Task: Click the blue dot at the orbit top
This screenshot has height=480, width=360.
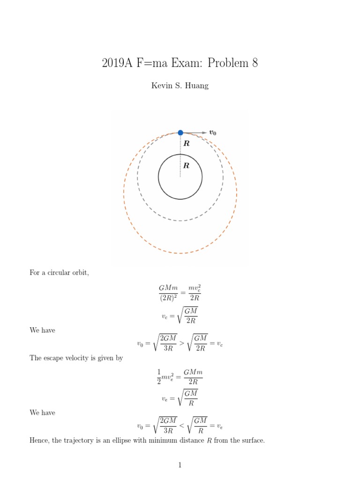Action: click(180, 133)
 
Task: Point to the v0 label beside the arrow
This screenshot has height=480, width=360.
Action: click(212, 133)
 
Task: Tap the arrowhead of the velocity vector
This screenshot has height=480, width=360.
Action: click(204, 133)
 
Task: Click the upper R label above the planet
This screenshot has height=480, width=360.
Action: click(187, 144)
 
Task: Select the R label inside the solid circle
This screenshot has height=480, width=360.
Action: click(186, 165)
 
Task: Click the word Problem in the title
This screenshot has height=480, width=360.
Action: click(228, 63)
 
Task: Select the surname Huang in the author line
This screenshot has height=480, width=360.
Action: click(197, 85)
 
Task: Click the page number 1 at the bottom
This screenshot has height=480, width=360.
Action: click(180, 465)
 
